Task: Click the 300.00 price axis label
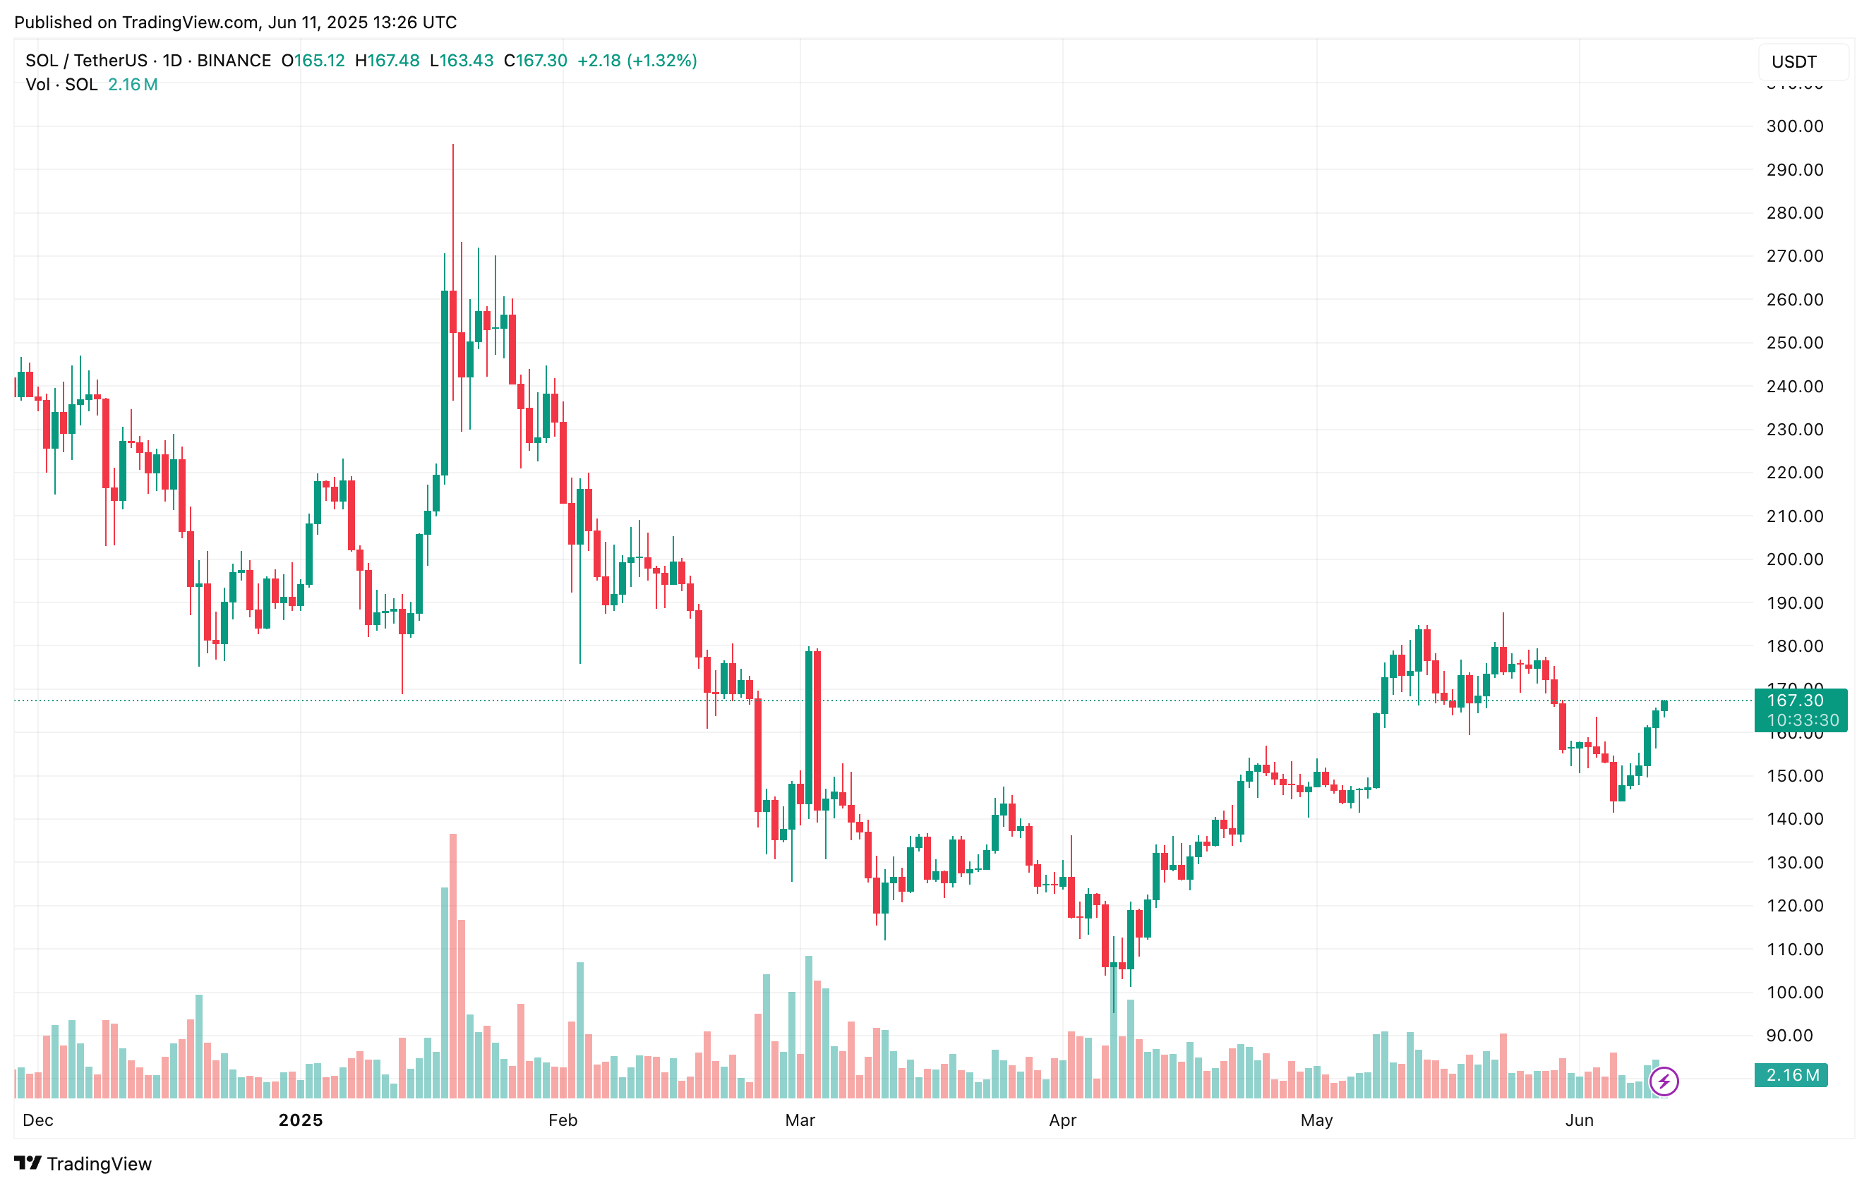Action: tap(1794, 126)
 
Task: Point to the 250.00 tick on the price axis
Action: tap(1794, 343)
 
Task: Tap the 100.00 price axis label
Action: tap(1794, 993)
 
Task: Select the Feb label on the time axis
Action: tap(563, 1120)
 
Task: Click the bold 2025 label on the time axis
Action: tap(301, 1120)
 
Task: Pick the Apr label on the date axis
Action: tap(1062, 1120)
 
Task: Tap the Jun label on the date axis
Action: tap(1579, 1120)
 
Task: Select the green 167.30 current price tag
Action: tap(1800, 709)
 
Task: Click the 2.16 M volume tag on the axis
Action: tap(1791, 1074)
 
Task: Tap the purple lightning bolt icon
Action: tap(1664, 1081)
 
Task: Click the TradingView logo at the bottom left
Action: tap(83, 1163)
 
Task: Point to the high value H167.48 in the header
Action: tap(387, 61)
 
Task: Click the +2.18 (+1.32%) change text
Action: tap(637, 61)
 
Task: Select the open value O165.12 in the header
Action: tap(313, 61)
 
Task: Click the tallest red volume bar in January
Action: tap(453, 965)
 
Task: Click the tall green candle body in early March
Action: tap(809, 727)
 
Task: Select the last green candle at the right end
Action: tap(1664, 705)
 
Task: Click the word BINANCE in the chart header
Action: tap(234, 61)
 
